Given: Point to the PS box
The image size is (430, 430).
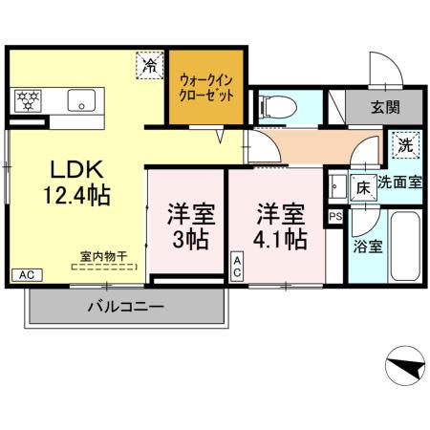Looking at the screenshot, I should click(334, 216).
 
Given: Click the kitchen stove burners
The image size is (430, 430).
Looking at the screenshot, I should click(26, 97).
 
